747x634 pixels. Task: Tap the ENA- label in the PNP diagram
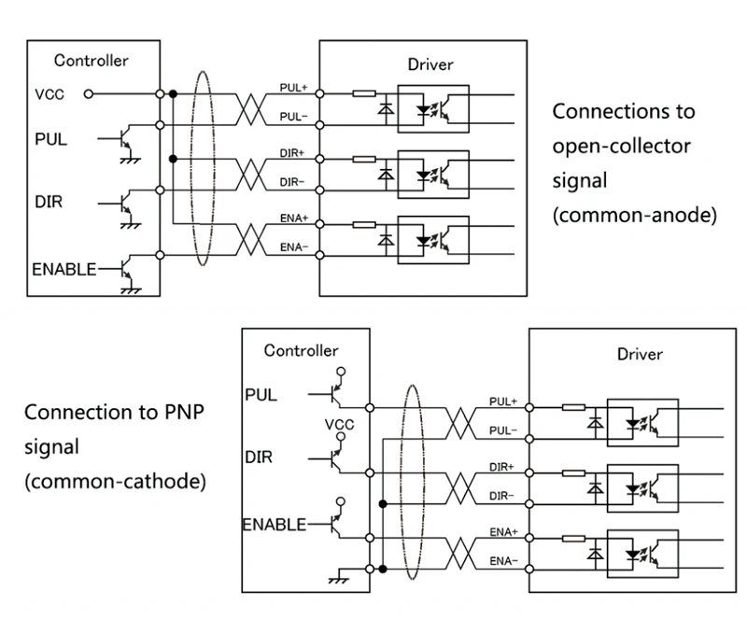coord(503,561)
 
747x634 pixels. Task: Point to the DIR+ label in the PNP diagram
coord(503,465)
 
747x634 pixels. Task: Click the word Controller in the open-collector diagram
coord(91,61)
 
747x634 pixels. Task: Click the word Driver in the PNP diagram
coord(640,354)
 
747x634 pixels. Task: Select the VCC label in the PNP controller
coord(339,425)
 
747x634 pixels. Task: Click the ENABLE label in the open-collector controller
coord(64,269)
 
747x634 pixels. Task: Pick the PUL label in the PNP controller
coord(261,394)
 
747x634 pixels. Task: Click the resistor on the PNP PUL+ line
coord(573,407)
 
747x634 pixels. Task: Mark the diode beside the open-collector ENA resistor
coord(383,237)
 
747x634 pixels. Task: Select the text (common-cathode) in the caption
coord(115,482)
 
